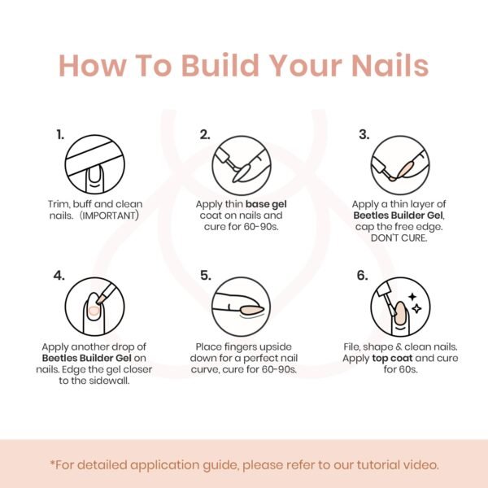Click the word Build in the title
click(x=220, y=65)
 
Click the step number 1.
click(x=60, y=134)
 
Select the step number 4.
click(x=59, y=275)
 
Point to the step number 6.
click(x=362, y=275)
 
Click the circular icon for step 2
click(x=242, y=166)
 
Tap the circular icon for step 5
click(x=242, y=307)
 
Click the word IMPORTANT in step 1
click(x=109, y=216)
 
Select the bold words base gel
click(x=266, y=204)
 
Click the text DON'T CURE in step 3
click(x=399, y=238)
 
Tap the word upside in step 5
click(x=276, y=346)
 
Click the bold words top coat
click(x=392, y=358)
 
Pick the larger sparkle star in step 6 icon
click(x=416, y=308)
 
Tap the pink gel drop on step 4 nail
click(x=94, y=311)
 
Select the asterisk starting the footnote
click(x=52, y=463)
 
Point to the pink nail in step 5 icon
click(x=251, y=310)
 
